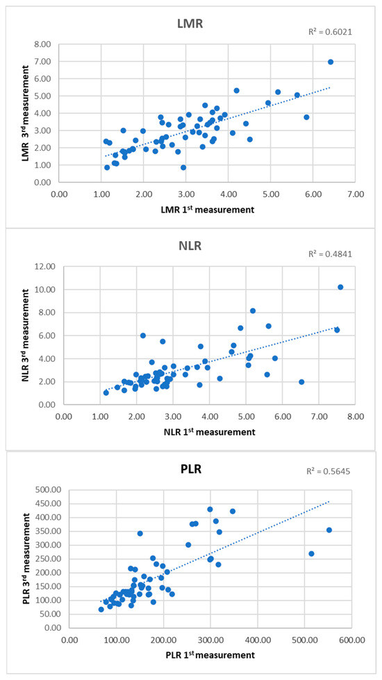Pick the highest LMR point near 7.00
331,62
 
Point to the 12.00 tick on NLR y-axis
45,266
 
